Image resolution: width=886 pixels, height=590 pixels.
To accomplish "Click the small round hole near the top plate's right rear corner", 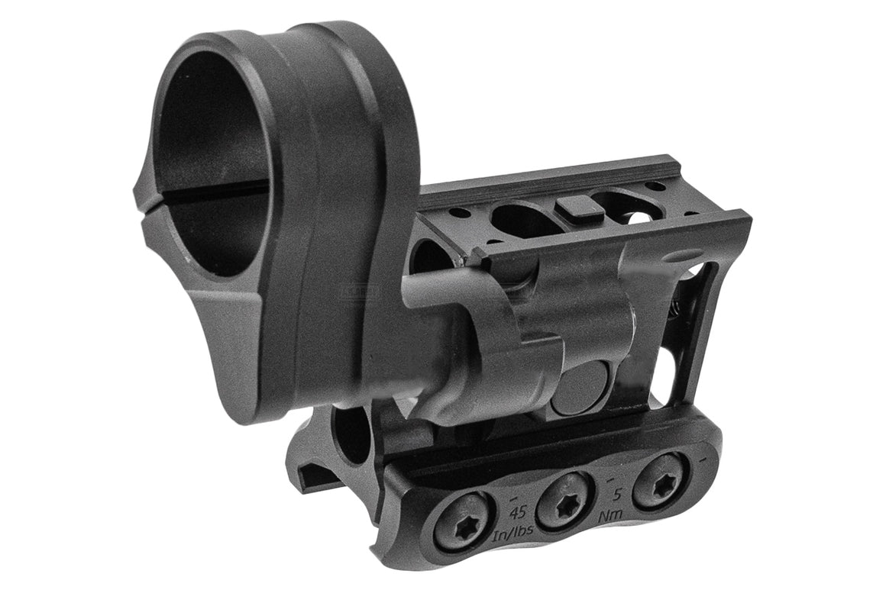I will click(655, 185).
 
